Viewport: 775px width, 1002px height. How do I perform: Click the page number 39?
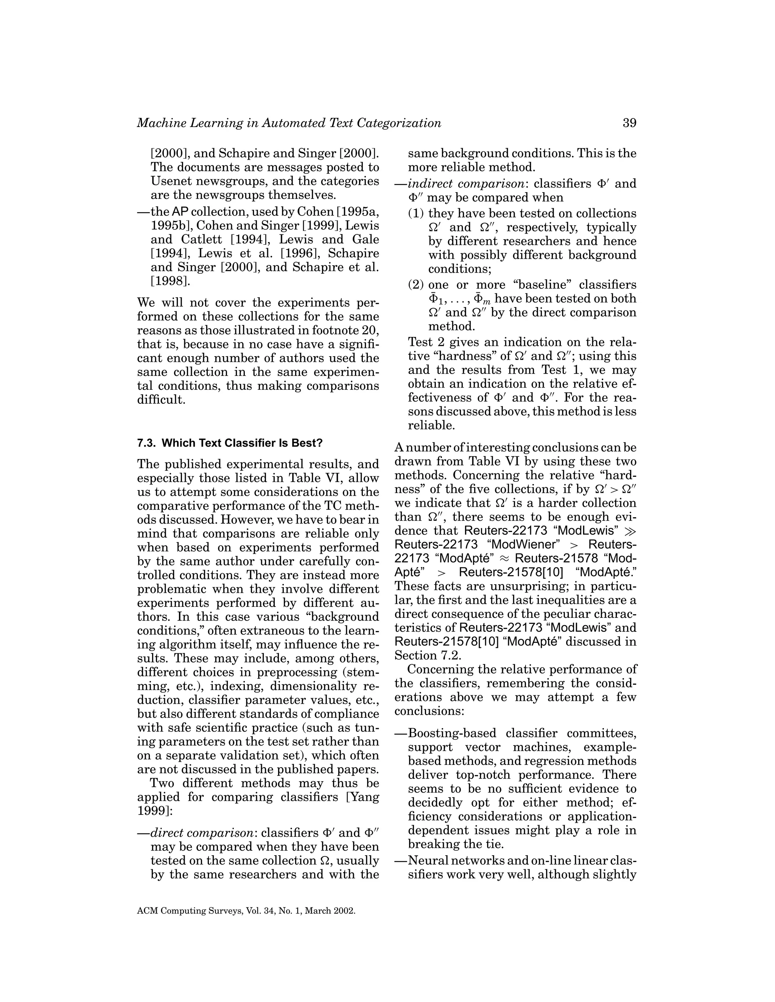(629, 123)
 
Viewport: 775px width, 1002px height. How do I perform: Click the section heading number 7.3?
(146, 443)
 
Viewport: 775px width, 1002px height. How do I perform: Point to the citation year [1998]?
(170, 281)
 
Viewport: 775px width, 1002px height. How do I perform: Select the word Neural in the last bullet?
(426, 860)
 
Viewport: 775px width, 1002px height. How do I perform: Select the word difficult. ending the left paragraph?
(161, 399)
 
